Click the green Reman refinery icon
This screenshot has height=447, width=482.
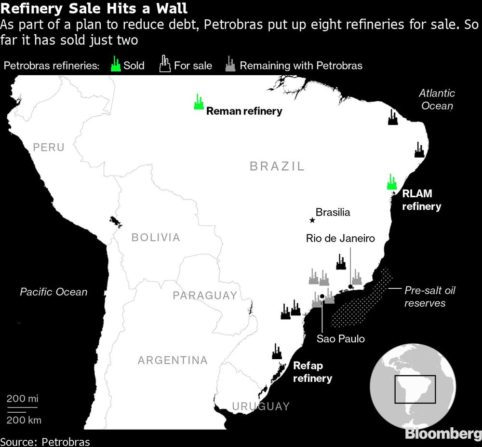pos(198,102)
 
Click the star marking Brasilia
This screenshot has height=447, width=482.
pos(312,220)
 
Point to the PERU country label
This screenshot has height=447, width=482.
pos(49,147)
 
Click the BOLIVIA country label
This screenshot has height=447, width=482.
pos(156,237)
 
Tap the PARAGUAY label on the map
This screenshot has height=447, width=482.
pos(205,296)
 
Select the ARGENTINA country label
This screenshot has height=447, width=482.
pos(173,360)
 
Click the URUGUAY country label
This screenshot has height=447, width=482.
pos(261,406)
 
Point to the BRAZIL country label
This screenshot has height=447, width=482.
pos(277,166)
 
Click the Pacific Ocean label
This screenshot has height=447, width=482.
pos(54,292)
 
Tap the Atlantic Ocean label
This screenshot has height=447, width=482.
pos(437,99)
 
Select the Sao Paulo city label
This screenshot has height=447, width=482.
pos(341,339)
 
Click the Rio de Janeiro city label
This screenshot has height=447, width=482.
pos(340,238)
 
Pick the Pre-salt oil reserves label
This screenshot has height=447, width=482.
pos(429,297)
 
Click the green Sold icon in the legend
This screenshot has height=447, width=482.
pos(115,64)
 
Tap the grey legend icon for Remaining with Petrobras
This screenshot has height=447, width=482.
pos(230,65)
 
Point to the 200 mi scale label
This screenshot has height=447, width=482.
pos(22,399)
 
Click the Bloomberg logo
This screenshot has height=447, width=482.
pos(442,433)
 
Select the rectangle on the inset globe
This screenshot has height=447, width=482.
pos(415,390)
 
